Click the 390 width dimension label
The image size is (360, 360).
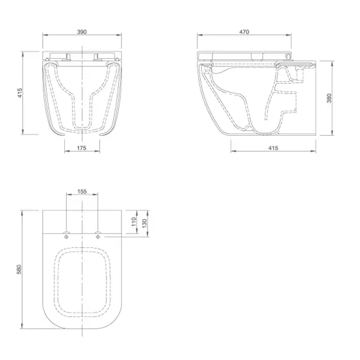[82, 32]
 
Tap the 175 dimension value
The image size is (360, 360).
[81, 148]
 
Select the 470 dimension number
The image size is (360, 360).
[244, 32]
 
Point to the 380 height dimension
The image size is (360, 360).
[329, 98]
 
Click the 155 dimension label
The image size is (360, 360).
[82, 191]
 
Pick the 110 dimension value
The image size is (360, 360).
[134, 222]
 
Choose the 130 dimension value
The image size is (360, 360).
[145, 223]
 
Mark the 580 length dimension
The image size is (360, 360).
[19, 269]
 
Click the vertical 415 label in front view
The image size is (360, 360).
[20, 93]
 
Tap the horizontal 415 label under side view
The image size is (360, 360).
[273, 148]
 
